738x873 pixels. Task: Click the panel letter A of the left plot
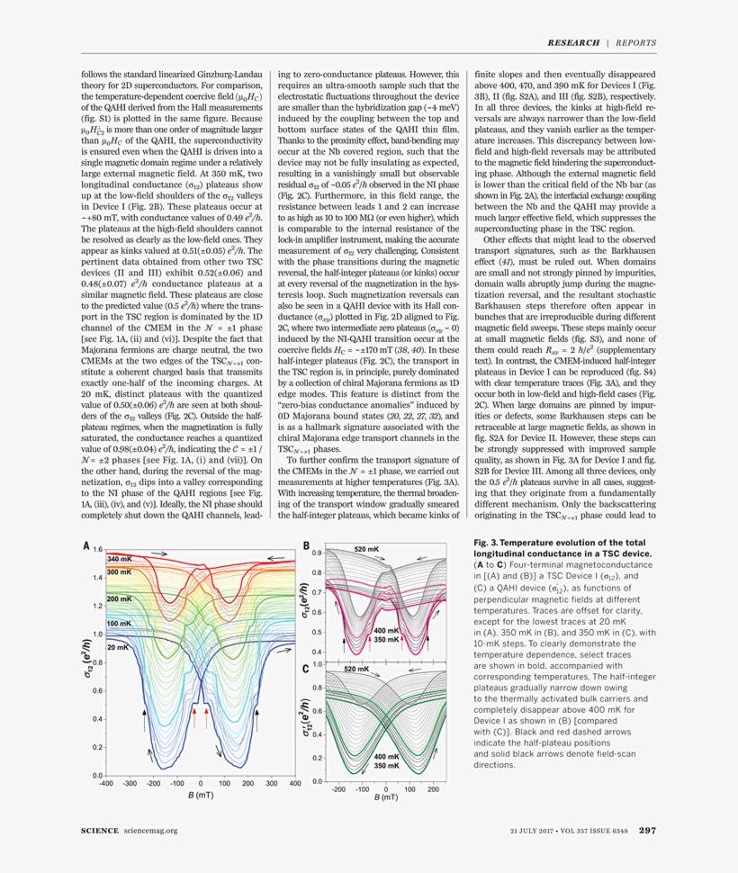(x=86, y=546)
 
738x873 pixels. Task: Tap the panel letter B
(x=306, y=545)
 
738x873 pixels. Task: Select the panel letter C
(x=306, y=670)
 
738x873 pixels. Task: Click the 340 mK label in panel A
(x=120, y=559)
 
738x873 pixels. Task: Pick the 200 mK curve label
(x=120, y=598)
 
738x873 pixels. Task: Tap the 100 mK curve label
(x=120, y=623)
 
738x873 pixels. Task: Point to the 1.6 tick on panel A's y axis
(x=97, y=548)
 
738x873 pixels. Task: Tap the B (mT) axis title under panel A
(x=201, y=797)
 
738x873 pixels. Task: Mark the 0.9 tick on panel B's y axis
(x=317, y=553)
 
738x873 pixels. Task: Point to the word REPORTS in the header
(x=635, y=42)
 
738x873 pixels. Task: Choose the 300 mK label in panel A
(x=120, y=572)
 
